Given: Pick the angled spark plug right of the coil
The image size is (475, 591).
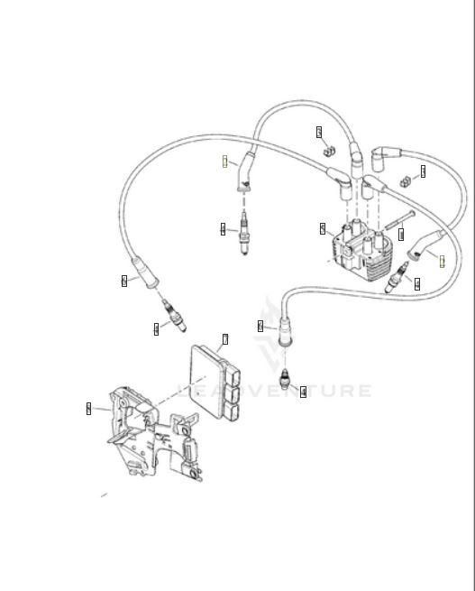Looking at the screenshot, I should [397, 280].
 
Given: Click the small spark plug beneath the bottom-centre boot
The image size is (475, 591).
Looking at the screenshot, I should [286, 378].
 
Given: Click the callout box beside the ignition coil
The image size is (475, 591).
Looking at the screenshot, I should [322, 229].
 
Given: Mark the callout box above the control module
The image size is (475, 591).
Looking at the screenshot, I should [225, 339].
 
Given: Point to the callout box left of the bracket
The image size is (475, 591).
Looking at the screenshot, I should [88, 409].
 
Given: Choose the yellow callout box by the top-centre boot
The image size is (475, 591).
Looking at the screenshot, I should [225, 162].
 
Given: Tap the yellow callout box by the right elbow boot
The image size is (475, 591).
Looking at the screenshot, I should [443, 261].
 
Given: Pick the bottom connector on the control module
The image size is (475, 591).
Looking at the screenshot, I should [233, 411].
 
